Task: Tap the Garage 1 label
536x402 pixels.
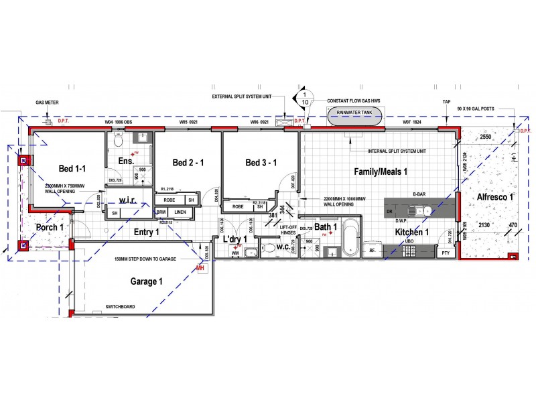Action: coord(146,281)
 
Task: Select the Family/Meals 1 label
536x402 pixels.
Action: coord(381,172)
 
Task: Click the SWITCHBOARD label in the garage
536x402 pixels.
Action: coord(121,308)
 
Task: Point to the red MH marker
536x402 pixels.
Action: coord(200,267)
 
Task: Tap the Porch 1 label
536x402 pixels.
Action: coord(50,227)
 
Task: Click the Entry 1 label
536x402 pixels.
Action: coord(146,232)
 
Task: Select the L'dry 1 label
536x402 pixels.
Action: coord(236,239)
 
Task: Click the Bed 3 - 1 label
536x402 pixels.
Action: coord(261,163)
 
